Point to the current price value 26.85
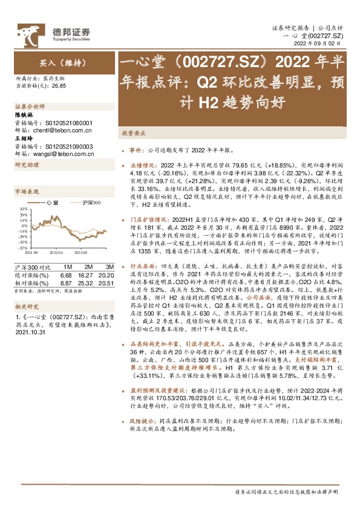click(x=59, y=86)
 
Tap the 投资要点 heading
click(x=131, y=132)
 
